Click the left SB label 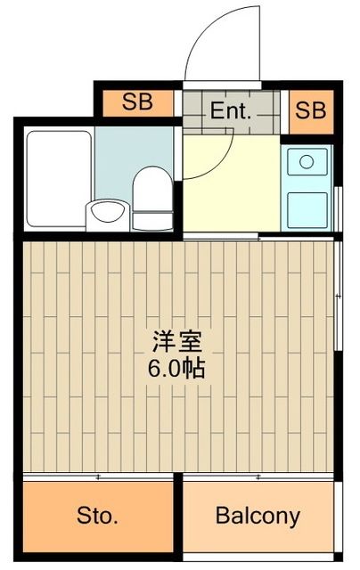pyautogui.click(x=136, y=102)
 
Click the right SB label pyautogui.click(x=311, y=111)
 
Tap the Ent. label pyautogui.click(x=232, y=113)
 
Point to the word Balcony pyautogui.click(x=258, y=515)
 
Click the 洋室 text pyautogui.click(x=178, y=341)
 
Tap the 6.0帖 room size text pyautogui.click(x=178, y=367)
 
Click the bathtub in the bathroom pyautogui.click(x=58, y=178)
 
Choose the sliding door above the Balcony pyautogui.click(x=258, y=477)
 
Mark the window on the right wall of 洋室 pyautogui.click(x=339, y=294)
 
